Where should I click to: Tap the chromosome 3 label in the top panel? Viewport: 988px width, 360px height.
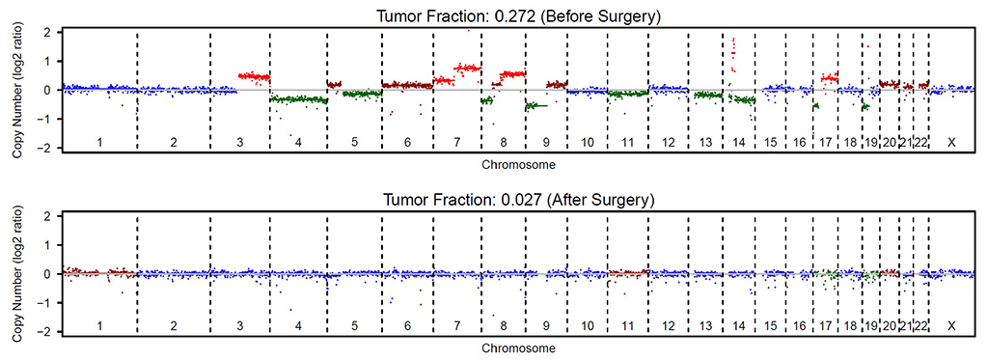(x=239, y=143)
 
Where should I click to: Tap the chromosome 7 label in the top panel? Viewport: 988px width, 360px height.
(x=455, y=143)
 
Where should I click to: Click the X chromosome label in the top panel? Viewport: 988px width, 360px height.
(x=951, y=143)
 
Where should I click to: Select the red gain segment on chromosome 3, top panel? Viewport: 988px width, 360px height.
(x=254, y=76)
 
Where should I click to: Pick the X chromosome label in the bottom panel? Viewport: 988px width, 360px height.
(x=951, y=326)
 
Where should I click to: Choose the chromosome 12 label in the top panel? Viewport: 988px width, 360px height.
(x=668, y=143)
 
